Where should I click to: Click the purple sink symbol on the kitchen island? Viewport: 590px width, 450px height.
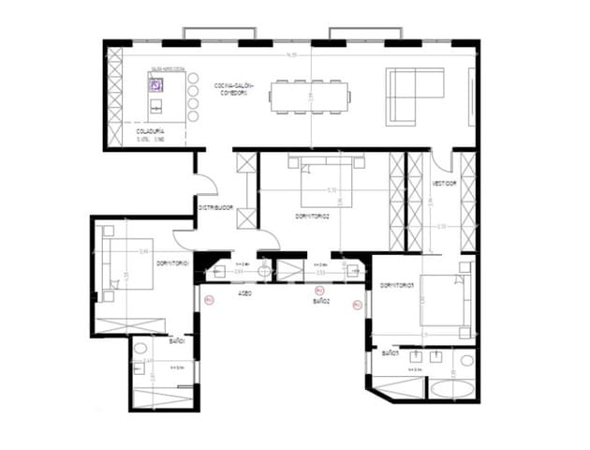(x=155, y=84)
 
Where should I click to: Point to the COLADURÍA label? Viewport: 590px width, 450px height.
(x=151, y=131)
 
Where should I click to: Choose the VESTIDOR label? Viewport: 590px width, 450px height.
(x=444, y=184)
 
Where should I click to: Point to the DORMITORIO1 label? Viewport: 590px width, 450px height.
(x=173, y=263)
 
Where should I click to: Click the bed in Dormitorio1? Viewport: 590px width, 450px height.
(x=126, y=266)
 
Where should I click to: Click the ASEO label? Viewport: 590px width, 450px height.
(x=244, y=293)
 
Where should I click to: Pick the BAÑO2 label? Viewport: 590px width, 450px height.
(x=321, y=303)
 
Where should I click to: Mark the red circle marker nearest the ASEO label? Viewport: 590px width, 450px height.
(x=209, y=300)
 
